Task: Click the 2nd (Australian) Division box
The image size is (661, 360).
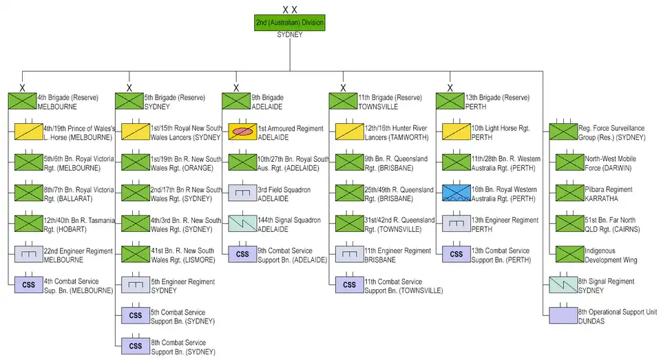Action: coord(289,23)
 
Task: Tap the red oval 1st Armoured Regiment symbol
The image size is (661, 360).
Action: coord(243,131)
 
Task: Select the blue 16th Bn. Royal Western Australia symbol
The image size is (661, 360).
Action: coord(457,193)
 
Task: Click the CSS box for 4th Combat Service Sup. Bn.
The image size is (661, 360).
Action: coord(29,285)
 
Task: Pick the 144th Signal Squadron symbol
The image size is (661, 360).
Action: coord(243,224)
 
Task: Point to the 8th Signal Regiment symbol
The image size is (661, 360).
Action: coord(563,285)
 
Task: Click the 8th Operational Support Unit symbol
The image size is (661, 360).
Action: coord(563,316)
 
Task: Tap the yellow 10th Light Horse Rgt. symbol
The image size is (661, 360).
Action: coord(457,131)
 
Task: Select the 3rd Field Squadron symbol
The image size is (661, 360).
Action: coord(243,193)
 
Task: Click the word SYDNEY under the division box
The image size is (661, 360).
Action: coord(289,34)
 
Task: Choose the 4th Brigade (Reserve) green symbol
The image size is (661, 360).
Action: coord(22,101)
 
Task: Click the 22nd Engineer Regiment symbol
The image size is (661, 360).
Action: coord(29,254)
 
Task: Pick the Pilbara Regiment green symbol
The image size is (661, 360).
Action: coord(563,193)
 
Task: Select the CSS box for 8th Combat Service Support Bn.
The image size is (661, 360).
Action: coord(136,346)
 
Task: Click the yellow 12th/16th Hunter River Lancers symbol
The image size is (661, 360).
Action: coord(350,131)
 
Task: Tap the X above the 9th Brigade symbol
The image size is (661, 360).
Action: coord(235,88)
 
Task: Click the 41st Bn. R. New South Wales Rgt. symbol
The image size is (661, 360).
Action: coord(136,254)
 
